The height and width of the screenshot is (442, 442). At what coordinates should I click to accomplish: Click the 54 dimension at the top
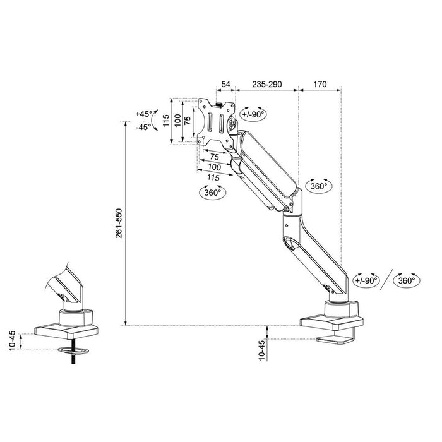click(225, 83)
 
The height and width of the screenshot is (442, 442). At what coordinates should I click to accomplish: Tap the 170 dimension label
click(320, 83)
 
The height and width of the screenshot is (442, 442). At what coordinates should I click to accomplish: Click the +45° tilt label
click(144, 114)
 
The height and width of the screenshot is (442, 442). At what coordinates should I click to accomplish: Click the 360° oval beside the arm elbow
click(319, 186)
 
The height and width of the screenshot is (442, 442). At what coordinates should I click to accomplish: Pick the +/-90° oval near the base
click(366, 280)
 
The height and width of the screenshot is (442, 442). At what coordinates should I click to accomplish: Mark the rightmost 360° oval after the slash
click(407, 280)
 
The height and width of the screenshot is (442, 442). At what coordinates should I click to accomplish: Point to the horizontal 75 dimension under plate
click(214, 157)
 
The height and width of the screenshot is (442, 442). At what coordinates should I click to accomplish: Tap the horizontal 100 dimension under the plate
click(214, 167)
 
